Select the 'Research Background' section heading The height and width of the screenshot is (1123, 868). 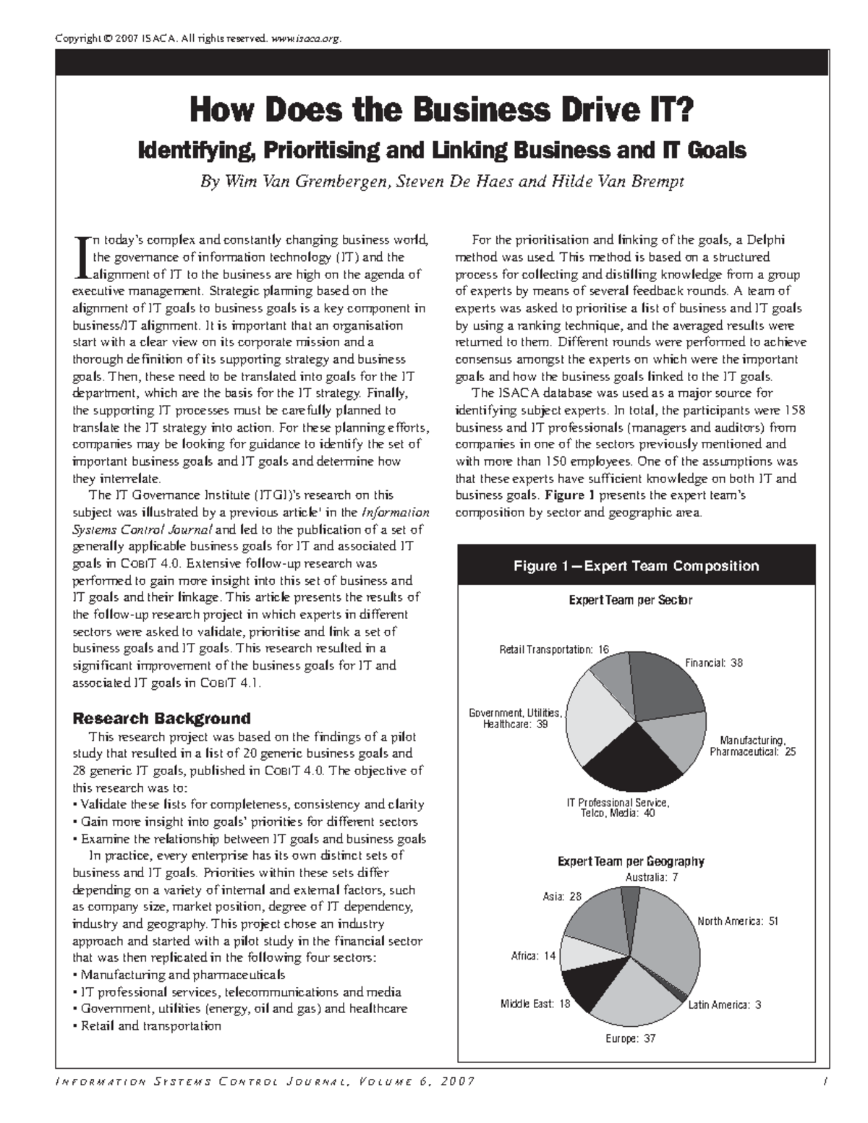[x=161, y=718]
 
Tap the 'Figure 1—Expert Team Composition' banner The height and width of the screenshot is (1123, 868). [x=636, y=565]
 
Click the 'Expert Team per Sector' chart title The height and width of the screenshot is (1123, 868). [x=630, y=600]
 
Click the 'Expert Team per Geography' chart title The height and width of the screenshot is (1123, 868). [x=630, y=861]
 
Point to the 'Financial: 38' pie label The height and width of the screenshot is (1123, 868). [x=713, y=662]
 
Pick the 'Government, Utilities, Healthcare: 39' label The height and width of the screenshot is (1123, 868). [x=515, y=719]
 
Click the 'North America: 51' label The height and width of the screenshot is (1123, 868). [x=737, y=921]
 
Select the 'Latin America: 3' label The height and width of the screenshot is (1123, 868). [x=723, y=1004]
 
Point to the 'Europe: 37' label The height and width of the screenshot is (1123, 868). [x=629, y=1038]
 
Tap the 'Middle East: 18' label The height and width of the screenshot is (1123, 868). [x=535, y=1004]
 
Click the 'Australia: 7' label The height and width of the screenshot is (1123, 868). [x=651, y=877]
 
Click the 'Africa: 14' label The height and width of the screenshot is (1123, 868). [x=533, y=956]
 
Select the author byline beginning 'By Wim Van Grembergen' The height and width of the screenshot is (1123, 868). [x=441, y=182]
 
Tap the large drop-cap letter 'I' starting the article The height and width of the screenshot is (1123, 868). [x=81, y=256]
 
